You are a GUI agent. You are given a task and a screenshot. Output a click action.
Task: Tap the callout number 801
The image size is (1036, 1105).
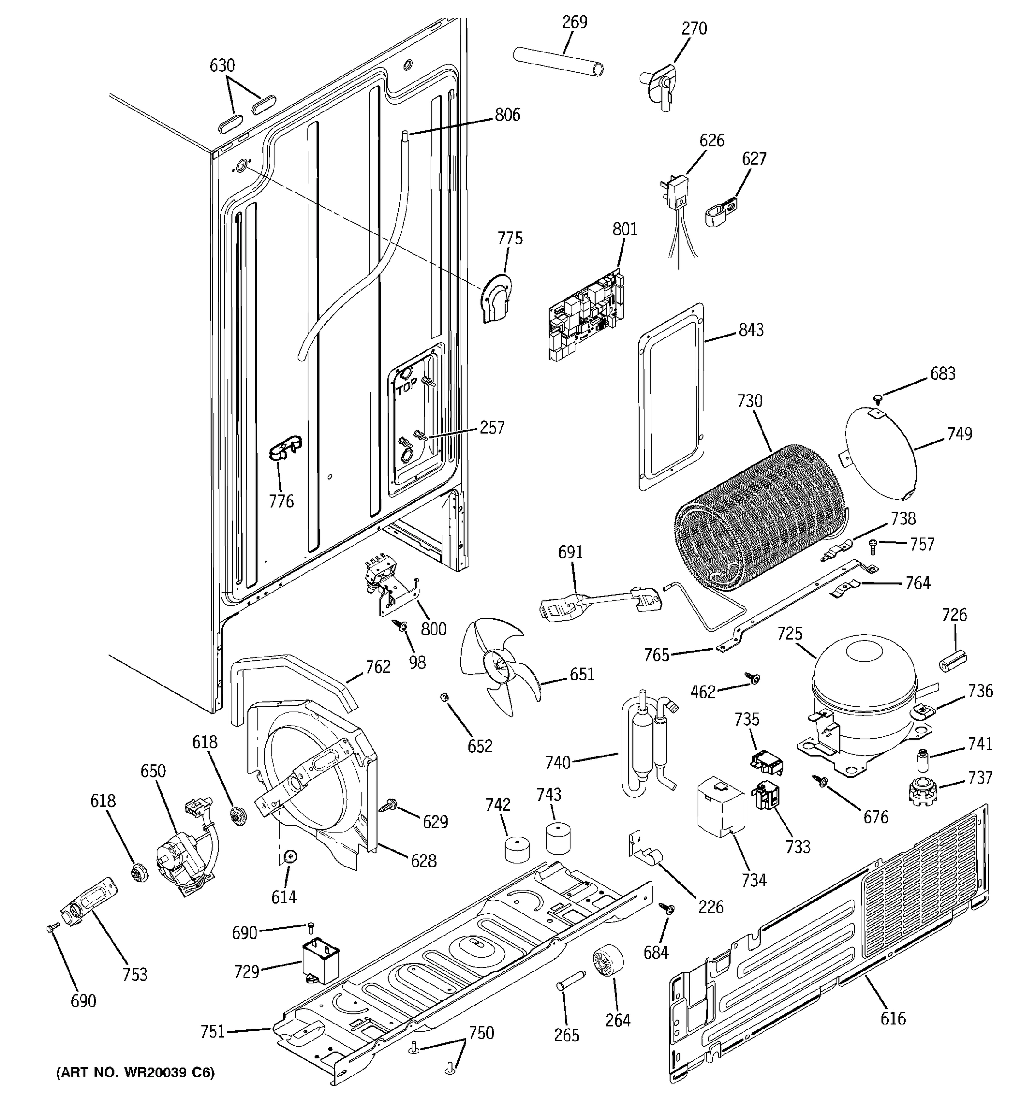point(625,229)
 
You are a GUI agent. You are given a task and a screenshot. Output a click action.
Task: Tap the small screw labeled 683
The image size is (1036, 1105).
point(878,398)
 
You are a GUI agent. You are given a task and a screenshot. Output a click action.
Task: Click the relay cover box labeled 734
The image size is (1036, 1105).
point(720,807)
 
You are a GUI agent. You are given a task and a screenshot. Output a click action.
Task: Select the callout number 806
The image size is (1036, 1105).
point(507,115)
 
